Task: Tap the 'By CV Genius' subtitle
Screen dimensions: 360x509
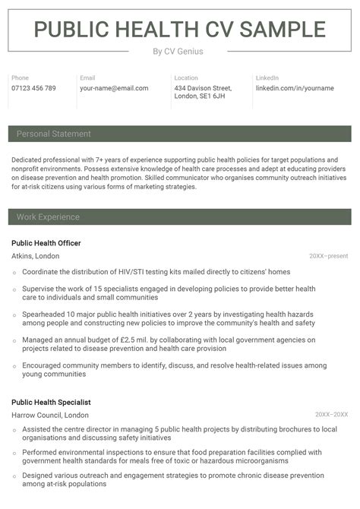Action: [178, 52]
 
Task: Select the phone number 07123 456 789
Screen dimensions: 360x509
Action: [33, 88]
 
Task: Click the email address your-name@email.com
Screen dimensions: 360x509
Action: [114, 88]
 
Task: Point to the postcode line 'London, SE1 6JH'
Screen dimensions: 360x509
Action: [200, 96]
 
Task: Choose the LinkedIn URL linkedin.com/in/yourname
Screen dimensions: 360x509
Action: [295, 88]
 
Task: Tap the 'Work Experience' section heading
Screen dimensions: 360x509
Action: [48, 217]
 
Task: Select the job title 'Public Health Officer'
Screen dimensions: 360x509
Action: [46, 243]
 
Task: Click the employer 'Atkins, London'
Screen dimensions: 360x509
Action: [35, 256]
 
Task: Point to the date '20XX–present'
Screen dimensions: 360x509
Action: [328, 256]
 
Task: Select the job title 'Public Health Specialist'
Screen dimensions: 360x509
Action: [51, 402]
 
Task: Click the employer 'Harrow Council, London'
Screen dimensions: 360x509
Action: [50, 415]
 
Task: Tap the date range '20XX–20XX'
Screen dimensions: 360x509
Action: [331, 415]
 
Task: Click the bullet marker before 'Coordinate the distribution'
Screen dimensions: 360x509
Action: [14, 272]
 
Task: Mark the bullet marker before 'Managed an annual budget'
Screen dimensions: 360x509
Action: [14, 340]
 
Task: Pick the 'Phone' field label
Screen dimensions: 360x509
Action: [20, 77]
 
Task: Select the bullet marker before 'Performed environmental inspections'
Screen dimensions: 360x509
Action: [14, 453]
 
